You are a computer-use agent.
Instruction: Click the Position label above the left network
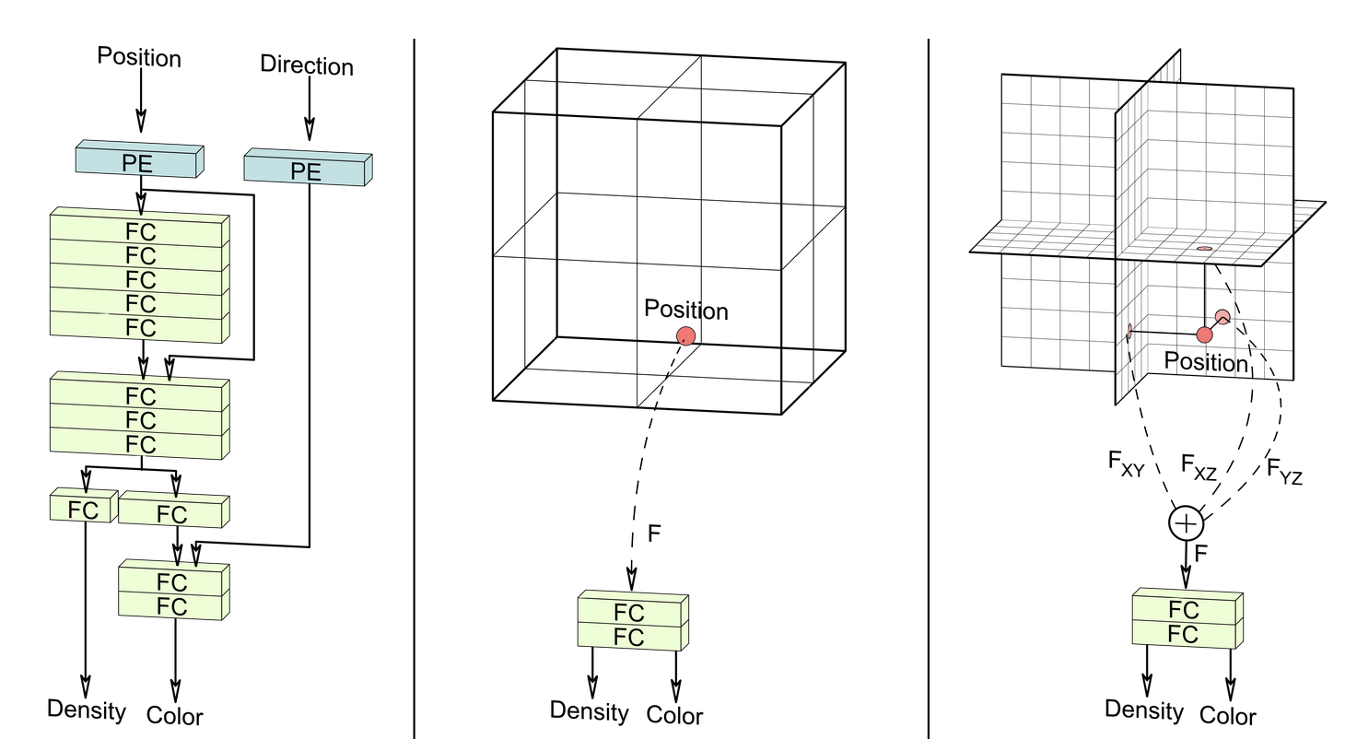(139, 57)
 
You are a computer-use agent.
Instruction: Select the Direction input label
(307, 65)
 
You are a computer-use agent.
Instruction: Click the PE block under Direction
(307, 170)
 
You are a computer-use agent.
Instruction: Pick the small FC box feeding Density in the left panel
(83, 508)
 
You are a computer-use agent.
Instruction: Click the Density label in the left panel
(87, 710)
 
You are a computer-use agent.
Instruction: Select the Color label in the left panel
(175, 715)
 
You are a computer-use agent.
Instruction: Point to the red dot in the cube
(686, 335)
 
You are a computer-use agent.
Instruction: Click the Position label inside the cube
(686, 311)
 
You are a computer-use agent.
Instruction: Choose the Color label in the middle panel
(674, 715)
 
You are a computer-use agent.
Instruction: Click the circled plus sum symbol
(1186, 523)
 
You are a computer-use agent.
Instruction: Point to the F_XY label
(1126, 463)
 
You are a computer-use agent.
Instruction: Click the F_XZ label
(1199, 468)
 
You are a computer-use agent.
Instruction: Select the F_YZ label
(1284, 471)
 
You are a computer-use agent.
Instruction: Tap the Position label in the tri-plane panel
(1206, 362)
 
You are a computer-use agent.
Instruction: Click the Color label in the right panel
(1228, 716)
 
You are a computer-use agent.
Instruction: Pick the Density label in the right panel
(1144, 710)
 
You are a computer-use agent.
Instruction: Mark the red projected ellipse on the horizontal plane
(1204, 249)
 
